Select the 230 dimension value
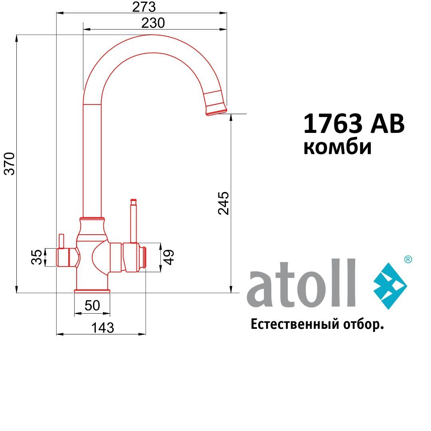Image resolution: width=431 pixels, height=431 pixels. coord(153,23)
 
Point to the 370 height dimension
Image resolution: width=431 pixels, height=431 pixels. coord(10,163)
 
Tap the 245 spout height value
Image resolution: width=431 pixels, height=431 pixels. coord(223,203)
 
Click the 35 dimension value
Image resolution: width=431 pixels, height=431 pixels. coord(36,257)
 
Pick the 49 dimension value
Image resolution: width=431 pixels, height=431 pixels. coord(169,257)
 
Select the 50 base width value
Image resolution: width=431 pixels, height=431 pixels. coord(92,306)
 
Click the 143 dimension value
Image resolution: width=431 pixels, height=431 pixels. coord(103,328)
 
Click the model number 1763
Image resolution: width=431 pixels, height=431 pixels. coord(333,124)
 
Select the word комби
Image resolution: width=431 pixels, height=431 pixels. coord(337,147)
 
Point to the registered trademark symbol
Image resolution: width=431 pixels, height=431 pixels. coord(408,259)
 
